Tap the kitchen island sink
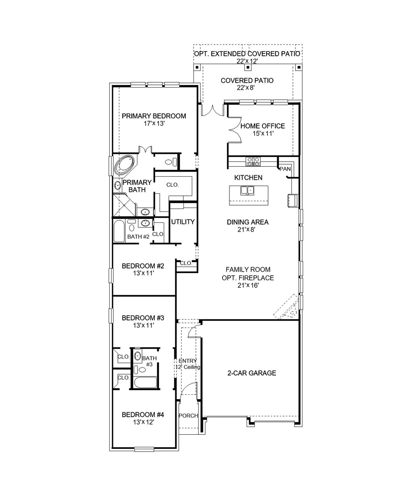tap(247, 190)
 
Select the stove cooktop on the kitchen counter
tap(253, 161)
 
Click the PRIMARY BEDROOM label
tap(154, 116)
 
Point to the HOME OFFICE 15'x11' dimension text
tap(263, 134)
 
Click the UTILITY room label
tap(183, 222)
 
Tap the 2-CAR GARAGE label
tap(252, 373)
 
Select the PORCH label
tap(188, 415)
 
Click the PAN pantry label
tap(285, 169)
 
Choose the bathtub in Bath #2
tap(119, 231)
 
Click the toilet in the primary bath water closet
tap(171, 162)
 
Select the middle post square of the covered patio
tap(248, 67)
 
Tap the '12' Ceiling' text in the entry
tap(188, 367)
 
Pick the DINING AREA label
tap(247, 222)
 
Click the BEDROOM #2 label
tap(143, 266)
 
